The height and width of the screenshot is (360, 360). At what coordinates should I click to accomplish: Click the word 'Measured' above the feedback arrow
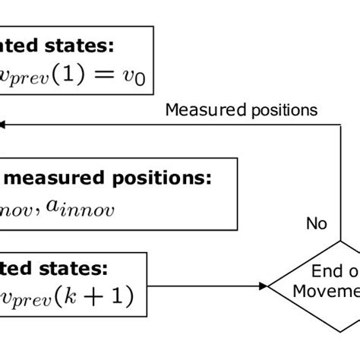tap(198, 110)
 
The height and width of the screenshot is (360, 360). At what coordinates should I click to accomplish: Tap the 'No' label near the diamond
tap(316, 223)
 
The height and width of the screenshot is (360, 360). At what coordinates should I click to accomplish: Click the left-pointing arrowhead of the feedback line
tap(4, 124)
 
